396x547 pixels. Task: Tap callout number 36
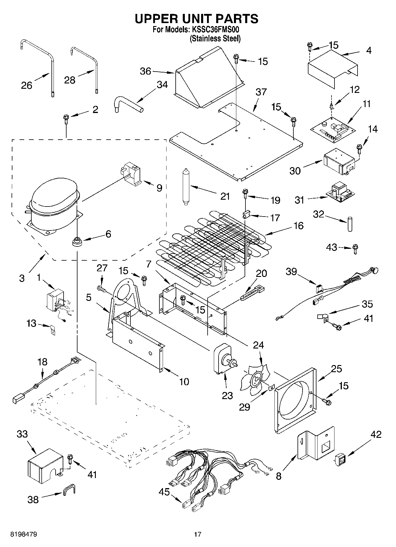[x=145, y=71]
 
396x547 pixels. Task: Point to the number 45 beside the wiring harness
[x=164, y=492]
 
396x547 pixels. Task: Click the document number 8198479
[x=24, y=534]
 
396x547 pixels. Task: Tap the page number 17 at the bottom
[x=198, y=534]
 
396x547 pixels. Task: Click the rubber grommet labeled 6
[x=77, y=241]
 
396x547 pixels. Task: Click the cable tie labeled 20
[x=252, y=293]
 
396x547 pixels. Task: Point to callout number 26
[x=26, y=85]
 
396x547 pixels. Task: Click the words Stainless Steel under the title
[x=215, y=38]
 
